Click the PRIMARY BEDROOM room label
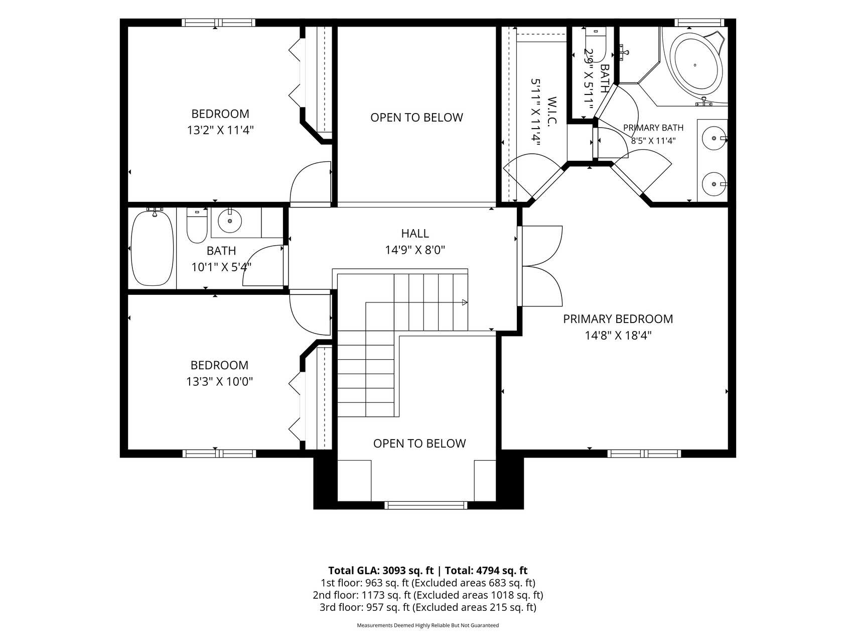pyautogui.click(x=618, y=319)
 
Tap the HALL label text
pyautogui.click(x=415, y=234)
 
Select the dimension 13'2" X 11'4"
pyautogui.click(x=220, y=131)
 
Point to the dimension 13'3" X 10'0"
pyautogui.click(x=219, y=382)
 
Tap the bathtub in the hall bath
pyautogui.click(x=152, y=248)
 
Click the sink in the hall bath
pyautogui.click(x=230, y=221)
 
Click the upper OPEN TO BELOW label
pyautogui.click(x=416, y=118)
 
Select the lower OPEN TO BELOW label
pyautogui.click(x=419, y=444)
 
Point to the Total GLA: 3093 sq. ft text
pyautogui.click(x=381, y=571)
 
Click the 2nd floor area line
pyautogui.click(x=427, y=595)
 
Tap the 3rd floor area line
pyautogui.click(x=427, y=607)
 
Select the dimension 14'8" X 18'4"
pyautogui.click(x=618, y=336)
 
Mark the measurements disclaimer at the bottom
pyautogui.click(x=427, y=626)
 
